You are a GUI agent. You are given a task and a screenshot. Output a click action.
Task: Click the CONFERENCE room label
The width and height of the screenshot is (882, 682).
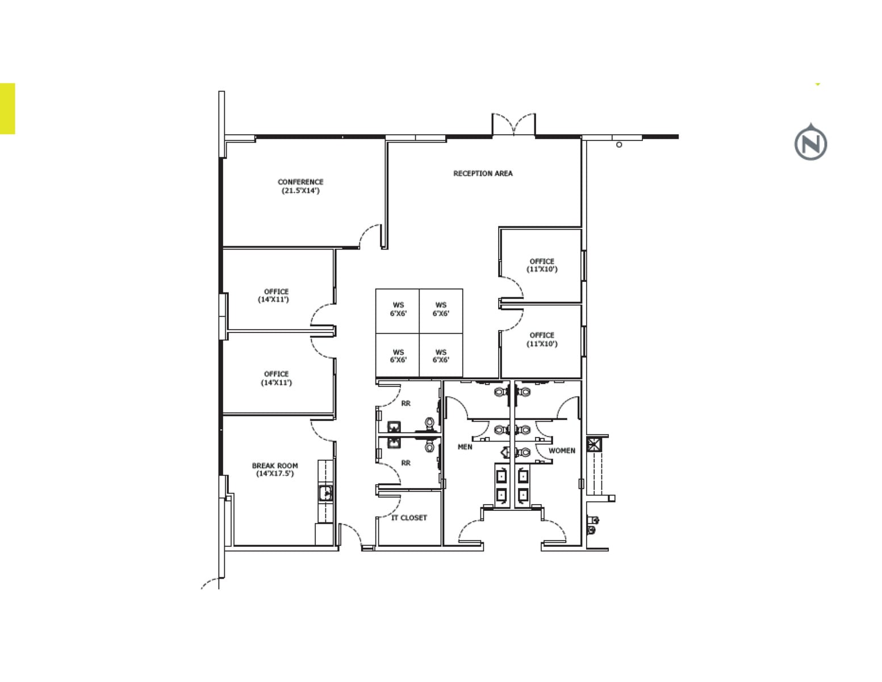tap(300, 182)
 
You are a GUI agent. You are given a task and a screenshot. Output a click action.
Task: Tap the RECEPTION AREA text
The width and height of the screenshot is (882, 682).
tap(483, 173)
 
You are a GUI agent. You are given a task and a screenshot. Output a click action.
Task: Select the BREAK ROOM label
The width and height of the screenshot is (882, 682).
tap(275, 465)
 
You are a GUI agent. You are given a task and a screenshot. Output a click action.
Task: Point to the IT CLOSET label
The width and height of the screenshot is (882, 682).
tap(409, 518)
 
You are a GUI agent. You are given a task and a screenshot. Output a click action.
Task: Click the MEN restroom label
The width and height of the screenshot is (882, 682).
tap(465, 447)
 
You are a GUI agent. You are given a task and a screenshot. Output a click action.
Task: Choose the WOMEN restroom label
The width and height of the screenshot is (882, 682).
tap(562, 451)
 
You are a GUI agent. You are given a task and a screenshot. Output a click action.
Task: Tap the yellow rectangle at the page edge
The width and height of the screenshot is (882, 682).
tap(7, 109)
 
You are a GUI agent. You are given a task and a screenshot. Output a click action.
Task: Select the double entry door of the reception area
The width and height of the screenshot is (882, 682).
tap(513, 124)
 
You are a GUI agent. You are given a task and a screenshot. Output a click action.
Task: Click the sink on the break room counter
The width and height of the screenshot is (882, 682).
tap(325, 493)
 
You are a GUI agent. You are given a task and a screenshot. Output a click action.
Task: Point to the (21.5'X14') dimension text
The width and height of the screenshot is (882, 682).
tap(300, 191)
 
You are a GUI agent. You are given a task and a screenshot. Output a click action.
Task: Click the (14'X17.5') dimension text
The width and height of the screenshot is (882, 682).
tap(275, 473)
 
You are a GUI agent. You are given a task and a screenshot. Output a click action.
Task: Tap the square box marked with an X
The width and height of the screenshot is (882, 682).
tap(594, 444)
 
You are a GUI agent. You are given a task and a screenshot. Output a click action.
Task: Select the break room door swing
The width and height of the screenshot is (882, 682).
tap(323, 430)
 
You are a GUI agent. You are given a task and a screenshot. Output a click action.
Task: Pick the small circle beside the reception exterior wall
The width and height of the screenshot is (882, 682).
tap(619, 145)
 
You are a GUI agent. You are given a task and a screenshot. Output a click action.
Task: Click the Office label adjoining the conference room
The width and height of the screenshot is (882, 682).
tap(276, 292)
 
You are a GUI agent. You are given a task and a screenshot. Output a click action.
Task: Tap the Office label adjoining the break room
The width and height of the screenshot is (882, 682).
tap(276, 374)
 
